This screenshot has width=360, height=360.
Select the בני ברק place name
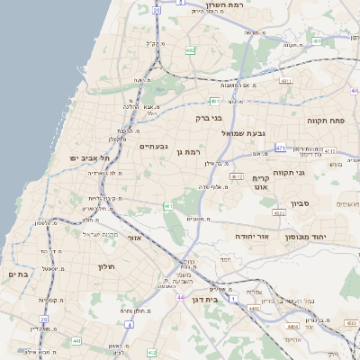point(209,117)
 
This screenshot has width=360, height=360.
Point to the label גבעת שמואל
point(239,134)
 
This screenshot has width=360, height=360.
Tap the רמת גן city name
point(188,152)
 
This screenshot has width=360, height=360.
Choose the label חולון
point(101,266)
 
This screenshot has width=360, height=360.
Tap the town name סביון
point(301,204)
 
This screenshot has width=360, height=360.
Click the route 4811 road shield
point(287,81)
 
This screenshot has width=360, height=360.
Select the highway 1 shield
point(231,297)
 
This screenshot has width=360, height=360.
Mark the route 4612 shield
point(237,176)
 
